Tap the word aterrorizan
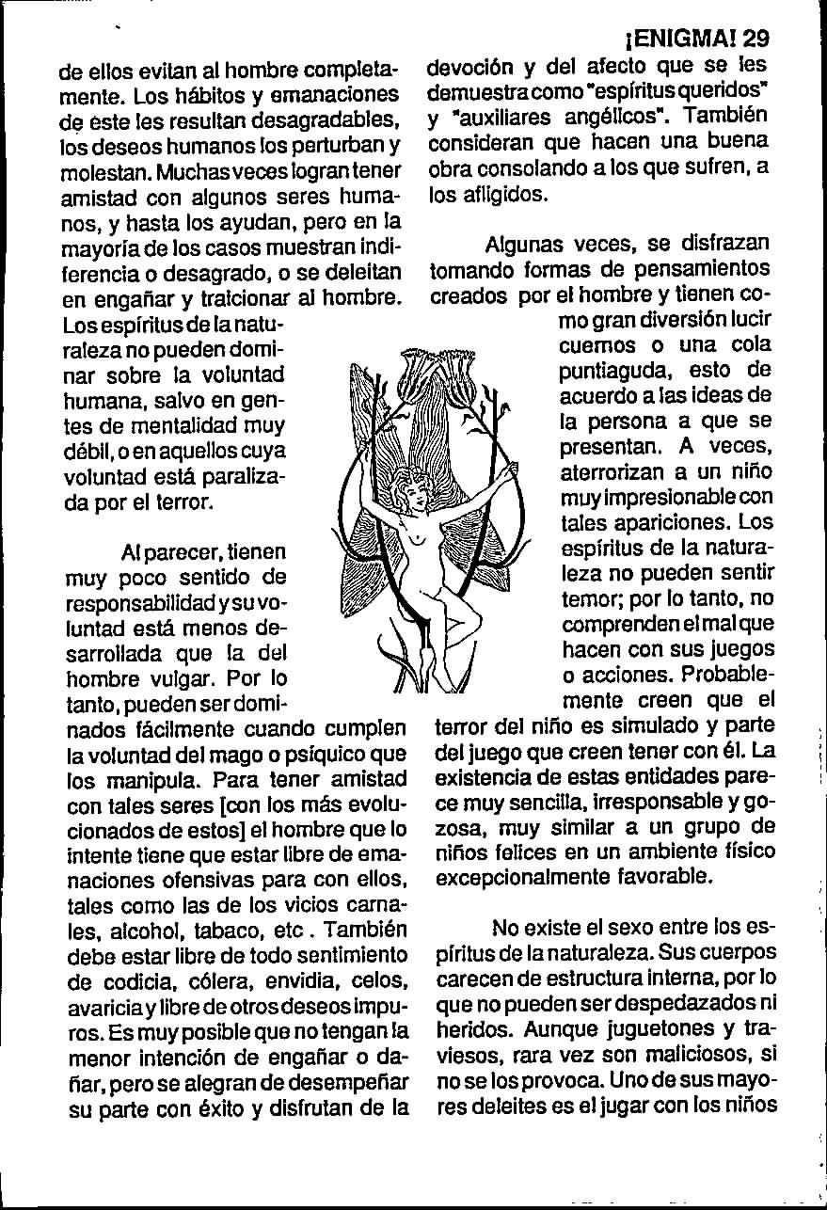[615, 470]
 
